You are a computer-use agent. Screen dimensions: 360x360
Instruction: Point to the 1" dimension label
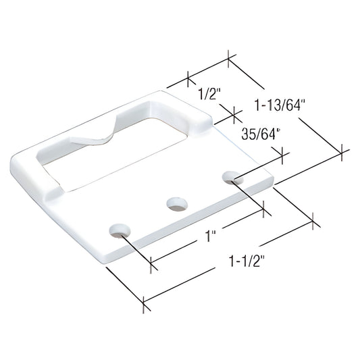click(211, 237)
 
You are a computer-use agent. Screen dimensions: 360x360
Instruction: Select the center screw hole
click(176, 202)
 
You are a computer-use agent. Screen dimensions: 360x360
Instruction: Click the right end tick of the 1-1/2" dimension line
click(313, 220)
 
